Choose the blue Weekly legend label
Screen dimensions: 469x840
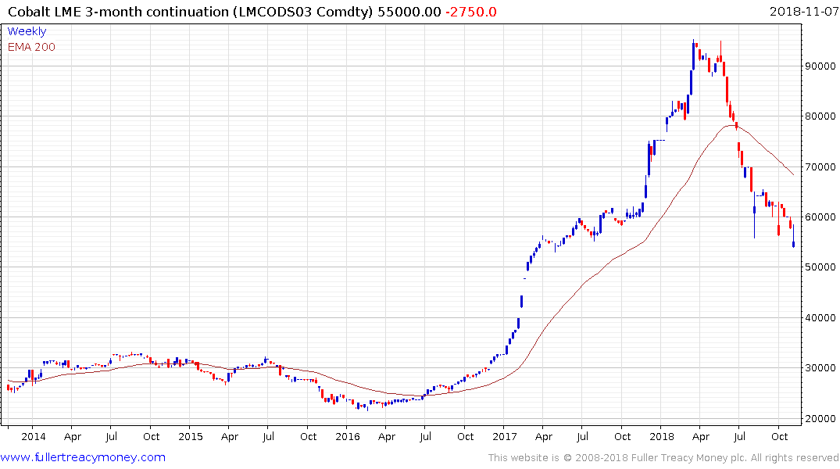(27, 31)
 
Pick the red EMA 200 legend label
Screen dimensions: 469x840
(31, 47)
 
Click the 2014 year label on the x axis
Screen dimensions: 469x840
(32, 436)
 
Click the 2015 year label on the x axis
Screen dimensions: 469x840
(190, 436)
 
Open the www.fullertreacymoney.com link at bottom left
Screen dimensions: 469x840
(84, 457)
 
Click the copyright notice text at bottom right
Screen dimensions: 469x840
(663, 458)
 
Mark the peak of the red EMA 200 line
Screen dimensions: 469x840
(732, 125)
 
